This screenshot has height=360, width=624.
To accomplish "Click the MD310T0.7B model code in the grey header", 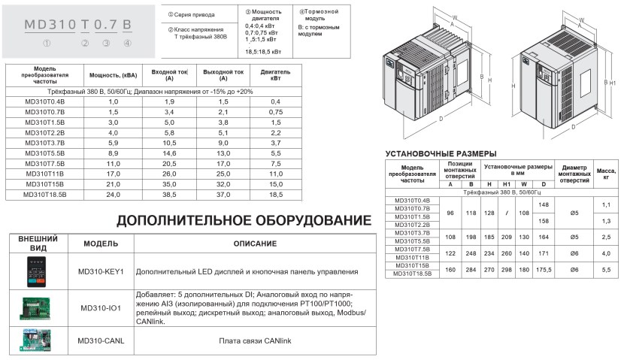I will coord(78,23).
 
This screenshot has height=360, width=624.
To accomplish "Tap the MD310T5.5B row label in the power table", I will coord(45,152).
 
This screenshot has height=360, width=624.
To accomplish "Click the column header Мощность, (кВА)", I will coord(114,75).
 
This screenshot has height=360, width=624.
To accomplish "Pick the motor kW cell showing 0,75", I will coord(275,111).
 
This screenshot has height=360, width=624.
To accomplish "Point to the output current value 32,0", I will coord(223,183).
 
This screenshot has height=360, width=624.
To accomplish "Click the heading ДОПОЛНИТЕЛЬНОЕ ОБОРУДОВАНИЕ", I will coord(244,221).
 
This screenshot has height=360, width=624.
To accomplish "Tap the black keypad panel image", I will coord(35,271).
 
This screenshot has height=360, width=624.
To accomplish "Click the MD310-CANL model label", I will coord(101,340).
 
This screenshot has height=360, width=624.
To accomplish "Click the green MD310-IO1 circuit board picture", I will coord(35,307).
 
